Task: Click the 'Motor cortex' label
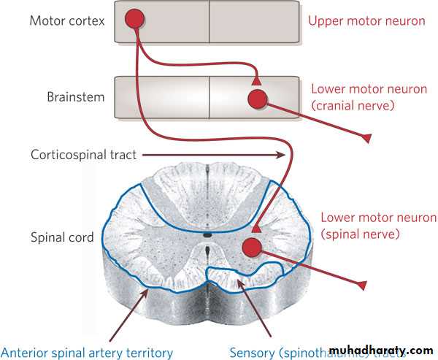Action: point(66,20)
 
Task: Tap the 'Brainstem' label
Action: point(76,96)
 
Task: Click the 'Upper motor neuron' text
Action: point(366,20)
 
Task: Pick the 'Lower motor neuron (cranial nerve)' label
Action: point(369,97)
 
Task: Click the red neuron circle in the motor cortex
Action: point(134,18)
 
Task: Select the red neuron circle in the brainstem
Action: point(258,99)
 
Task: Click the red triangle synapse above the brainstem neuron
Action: point(255,79)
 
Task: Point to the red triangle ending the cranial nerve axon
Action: point(366,137)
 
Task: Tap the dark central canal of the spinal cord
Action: point(208,234)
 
